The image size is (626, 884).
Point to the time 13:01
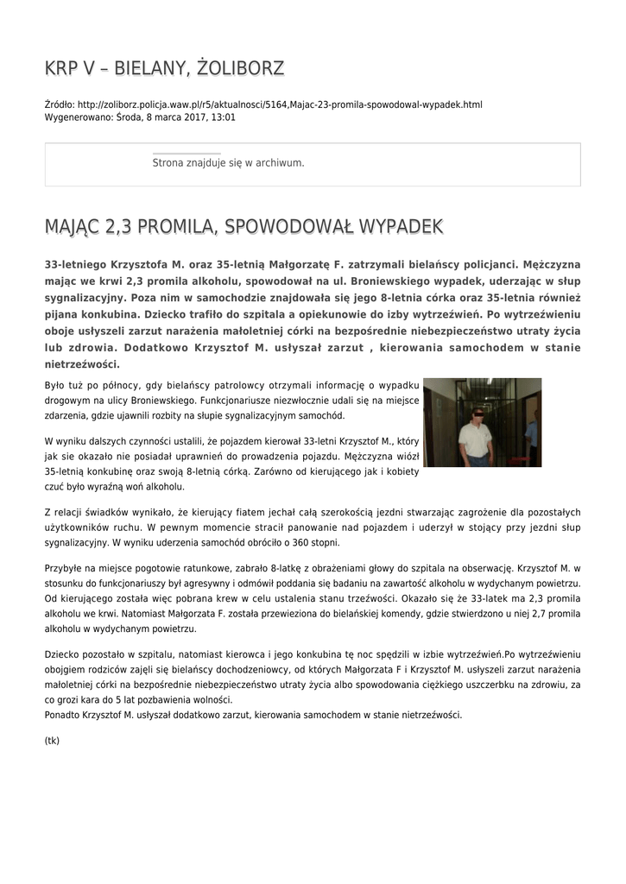(x=223, y=117)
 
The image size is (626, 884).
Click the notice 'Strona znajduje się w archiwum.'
(x=228, y=162)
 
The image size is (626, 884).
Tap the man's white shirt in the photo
(x=474, y=439)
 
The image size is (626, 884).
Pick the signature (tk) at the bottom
(x=52, y=740)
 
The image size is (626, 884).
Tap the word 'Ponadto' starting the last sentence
(x=64, y=714)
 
